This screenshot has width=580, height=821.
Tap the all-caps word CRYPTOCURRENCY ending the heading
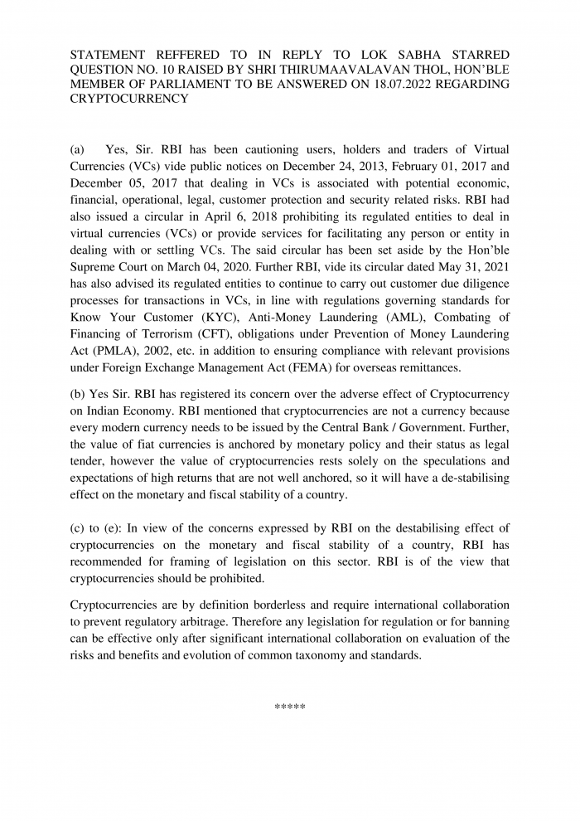(x=129, y=99)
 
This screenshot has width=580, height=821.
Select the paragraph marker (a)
(x=77, y=150)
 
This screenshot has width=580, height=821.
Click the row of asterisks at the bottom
(x=290, y=707)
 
